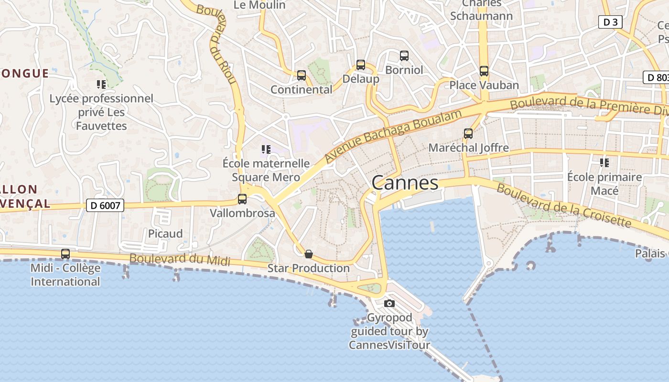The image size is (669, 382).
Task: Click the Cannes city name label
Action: coord(405,183)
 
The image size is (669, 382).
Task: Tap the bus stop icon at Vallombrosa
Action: coord(242,199)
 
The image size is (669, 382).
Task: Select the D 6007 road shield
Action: coord(105,206)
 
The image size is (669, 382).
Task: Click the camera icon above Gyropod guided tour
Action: coord(389,303)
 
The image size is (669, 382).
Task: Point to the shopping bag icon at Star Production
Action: coord(309,254)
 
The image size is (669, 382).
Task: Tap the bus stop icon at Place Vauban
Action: coord(484,71)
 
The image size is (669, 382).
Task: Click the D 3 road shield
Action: coord(610,22)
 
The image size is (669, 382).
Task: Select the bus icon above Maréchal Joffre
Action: coord(468,134)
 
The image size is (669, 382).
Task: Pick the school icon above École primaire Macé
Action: coord(604,163)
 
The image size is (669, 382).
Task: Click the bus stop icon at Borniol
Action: coord(404,56)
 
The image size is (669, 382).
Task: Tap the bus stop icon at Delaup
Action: coord(361,65)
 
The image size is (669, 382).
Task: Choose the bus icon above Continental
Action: coord(302,75)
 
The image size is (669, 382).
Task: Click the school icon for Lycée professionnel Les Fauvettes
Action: coord(101,85)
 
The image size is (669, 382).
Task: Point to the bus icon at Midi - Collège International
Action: coord(65,254)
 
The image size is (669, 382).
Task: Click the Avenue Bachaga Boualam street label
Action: coord(393,136)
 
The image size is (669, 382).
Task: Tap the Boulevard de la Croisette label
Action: coord(564,205)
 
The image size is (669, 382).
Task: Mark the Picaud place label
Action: coord(165,233)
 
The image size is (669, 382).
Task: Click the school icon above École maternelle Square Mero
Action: coord(266,149)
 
